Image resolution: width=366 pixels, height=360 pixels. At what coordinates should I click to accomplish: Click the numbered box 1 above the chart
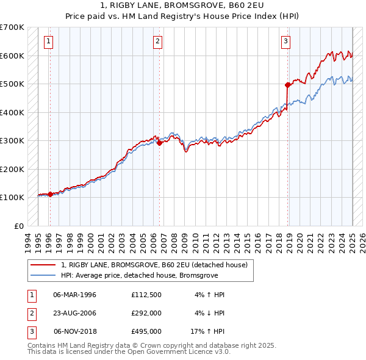pos(48,41)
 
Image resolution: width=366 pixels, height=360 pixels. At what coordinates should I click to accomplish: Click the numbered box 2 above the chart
pos(157,41)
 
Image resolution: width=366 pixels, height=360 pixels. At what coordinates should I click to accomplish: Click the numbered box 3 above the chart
pos(285,41)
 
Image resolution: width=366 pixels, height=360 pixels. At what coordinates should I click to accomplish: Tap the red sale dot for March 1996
pos(50,194)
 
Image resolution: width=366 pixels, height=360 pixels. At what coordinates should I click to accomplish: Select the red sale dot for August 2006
pos(159,143)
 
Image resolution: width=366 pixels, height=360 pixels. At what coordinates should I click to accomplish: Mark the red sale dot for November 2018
pos(287,85)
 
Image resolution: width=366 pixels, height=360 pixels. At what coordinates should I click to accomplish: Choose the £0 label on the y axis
pos(18,226)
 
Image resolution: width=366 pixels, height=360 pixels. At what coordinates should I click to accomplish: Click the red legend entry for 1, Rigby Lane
pos(154,265)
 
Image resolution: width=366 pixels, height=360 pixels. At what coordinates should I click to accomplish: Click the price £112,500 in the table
pos(146,295)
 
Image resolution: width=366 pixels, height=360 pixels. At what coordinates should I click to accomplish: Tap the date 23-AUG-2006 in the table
pos(75,313)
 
